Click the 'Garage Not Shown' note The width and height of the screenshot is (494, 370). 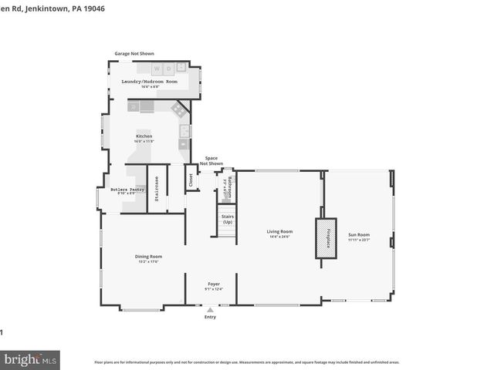click(x=134, y=54)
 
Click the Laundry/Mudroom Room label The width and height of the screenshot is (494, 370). click(x=149, y=81)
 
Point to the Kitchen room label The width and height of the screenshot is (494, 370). click(x=144, y=136)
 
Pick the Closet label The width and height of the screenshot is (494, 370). click(x=189, y=180)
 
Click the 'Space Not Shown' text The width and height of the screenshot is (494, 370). click(x=211, y=161)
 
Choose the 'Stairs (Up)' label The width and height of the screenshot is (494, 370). click(x=228, y=220)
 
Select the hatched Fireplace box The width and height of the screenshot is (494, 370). click(x=325, y=238)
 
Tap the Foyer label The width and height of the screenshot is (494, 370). click(x=214, y=284)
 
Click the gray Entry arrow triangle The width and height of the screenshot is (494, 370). click(x=210, y=309)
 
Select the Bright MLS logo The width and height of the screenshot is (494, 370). click(x=31, y=359)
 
